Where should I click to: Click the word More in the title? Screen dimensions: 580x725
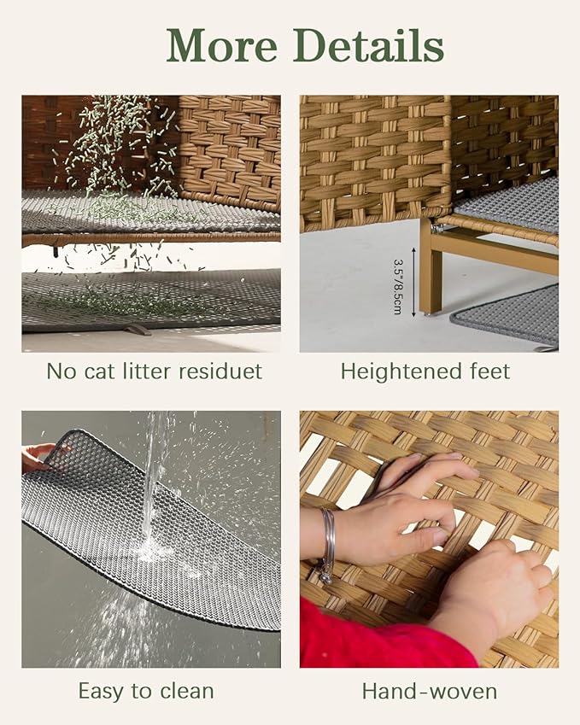click(222, 45)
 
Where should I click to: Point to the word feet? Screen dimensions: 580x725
click(488, 371)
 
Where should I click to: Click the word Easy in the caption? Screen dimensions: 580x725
click(102, 691)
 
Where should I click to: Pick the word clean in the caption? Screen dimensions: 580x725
click(187, 691)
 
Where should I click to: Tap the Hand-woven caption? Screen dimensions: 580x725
click(429, 691)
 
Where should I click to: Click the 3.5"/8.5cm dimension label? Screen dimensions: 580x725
click(398, 287)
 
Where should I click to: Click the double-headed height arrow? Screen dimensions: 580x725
click(413, 282)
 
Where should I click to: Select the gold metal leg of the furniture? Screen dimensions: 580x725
click(431, 267)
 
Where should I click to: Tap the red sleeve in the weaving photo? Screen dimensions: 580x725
click(384, 635)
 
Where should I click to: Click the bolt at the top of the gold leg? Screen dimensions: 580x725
click(436, 227)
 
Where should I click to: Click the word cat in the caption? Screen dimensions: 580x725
click(99, 371)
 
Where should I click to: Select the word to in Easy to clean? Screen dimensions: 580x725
click(142, 691)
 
